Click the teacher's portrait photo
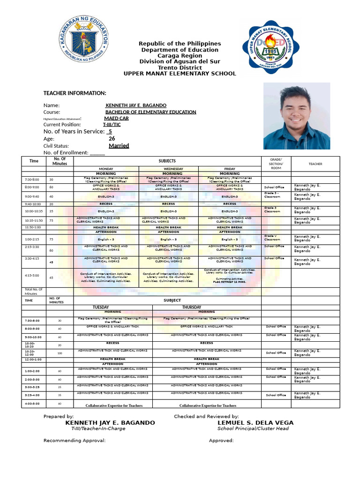(297, 116)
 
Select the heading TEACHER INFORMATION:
(75, 93)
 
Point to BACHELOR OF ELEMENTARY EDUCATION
(150, 112)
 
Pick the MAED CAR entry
(116, 119)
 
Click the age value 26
(112, 139)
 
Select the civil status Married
(119, 146)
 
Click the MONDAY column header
(105, 169)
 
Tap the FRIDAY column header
(230, 169)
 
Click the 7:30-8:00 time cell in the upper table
(32, 180)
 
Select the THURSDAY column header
(192, 307)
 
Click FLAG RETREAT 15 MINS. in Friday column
(230, 282)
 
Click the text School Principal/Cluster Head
(253, 428)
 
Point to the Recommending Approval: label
(75, 441)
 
